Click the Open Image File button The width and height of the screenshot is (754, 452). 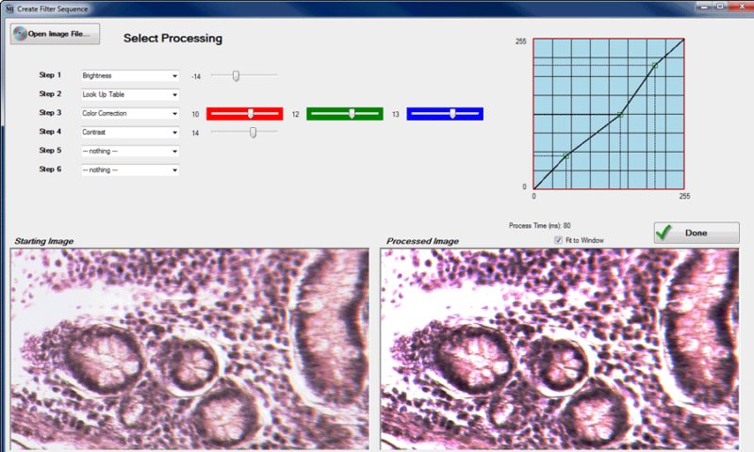coord(55,34)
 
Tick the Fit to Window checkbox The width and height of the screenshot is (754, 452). coord(558,240)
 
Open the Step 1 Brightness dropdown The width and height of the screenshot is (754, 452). coord(130,76)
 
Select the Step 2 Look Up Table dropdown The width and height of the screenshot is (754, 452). coord(130,94)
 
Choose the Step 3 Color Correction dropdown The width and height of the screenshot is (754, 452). coord(130,113)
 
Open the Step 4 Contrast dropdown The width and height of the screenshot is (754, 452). coord(130,132)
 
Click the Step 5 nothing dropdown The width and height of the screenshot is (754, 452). coord(130,151)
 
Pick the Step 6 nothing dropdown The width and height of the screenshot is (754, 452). coord(130,169)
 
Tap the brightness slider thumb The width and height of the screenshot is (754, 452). coord(236,76)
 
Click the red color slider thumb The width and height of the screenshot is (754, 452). coord(251,113)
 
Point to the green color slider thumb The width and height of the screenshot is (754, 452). coord(352,113)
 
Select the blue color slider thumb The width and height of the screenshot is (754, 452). coord(452,113)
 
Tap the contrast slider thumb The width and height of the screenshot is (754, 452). coord(253,132)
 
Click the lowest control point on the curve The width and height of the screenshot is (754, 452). coord(566,156)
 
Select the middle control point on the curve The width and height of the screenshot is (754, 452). coord(620,115)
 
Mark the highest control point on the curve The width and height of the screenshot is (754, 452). coord(655,65)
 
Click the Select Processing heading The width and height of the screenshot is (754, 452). coord(173,39)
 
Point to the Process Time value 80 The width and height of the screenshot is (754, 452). coord(567,225)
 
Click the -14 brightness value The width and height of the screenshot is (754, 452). coord(196,76)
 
